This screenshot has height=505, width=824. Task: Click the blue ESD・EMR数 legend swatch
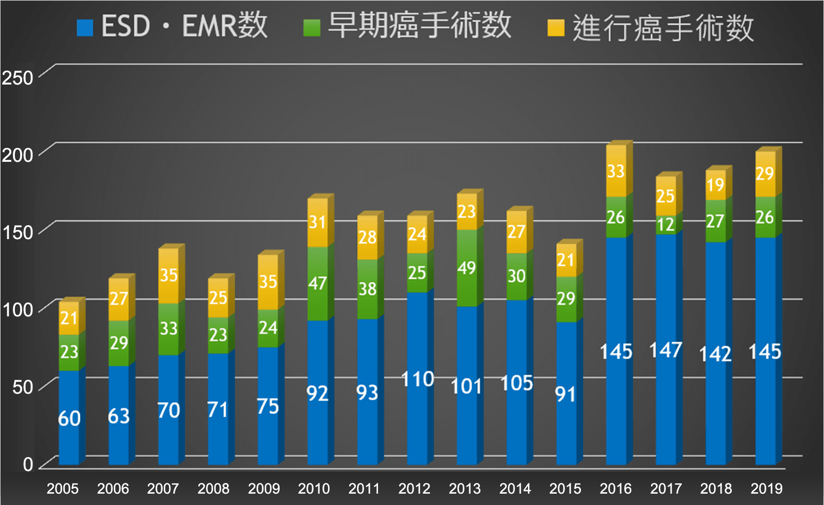coord(85,28)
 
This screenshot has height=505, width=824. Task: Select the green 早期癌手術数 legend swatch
coord(312,28)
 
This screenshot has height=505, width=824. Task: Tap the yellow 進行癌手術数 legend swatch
coord(556,28)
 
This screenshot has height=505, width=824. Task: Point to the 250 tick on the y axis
coord(18,78)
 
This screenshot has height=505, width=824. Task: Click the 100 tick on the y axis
coord(18,310)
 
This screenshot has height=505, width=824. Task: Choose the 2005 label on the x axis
coord(63,489)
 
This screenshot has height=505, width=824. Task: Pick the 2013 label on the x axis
coord(465,489)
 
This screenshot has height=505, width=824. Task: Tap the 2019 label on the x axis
coord(766,489)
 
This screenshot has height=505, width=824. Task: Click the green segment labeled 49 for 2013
coord(467,268)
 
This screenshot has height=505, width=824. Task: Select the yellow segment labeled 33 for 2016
coord(616,171)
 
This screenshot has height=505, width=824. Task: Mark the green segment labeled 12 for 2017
coord(666,225)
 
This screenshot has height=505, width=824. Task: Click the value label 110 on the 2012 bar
coord(417,379)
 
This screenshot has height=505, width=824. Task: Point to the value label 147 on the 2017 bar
coord(666,350)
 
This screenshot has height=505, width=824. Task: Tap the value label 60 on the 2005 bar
coord(69,418)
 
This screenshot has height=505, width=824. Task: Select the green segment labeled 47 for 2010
coord(317,283)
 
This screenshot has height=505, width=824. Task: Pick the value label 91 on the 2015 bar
coord(565,395)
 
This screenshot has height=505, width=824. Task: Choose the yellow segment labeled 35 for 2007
coord(168,276)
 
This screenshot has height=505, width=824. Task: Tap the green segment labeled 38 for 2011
coord(367,289)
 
